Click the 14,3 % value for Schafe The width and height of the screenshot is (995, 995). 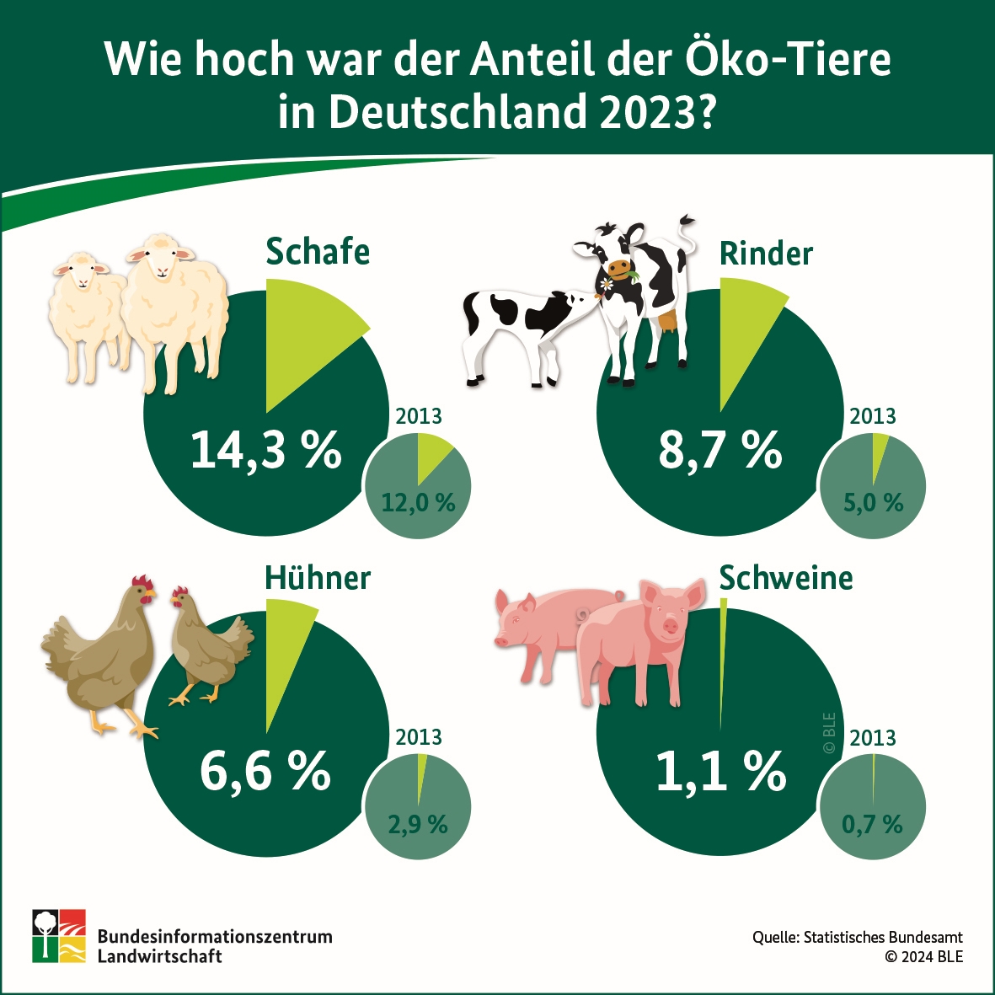click(266, 450)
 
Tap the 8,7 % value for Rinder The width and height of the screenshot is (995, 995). click(720, 450)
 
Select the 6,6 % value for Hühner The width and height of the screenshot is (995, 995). click(265, 771)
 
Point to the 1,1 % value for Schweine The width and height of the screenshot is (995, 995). click(720, 771)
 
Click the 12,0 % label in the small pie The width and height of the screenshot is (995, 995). click(418, 503)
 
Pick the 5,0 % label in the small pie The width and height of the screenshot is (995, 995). click(873, 503)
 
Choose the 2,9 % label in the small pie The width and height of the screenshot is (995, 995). click(418, 824)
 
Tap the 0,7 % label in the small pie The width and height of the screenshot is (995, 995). click(872, 824)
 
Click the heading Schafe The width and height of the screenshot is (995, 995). click(318, 252)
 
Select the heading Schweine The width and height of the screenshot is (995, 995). click(786, 578)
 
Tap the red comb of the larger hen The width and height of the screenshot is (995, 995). click(143, 582)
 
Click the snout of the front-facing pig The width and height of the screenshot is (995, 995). click(670, 626)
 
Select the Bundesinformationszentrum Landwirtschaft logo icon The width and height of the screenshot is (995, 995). click(59, 935)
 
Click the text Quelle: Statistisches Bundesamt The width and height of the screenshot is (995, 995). click(858, 937)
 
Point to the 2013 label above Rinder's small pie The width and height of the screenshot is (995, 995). click(873, 416)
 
